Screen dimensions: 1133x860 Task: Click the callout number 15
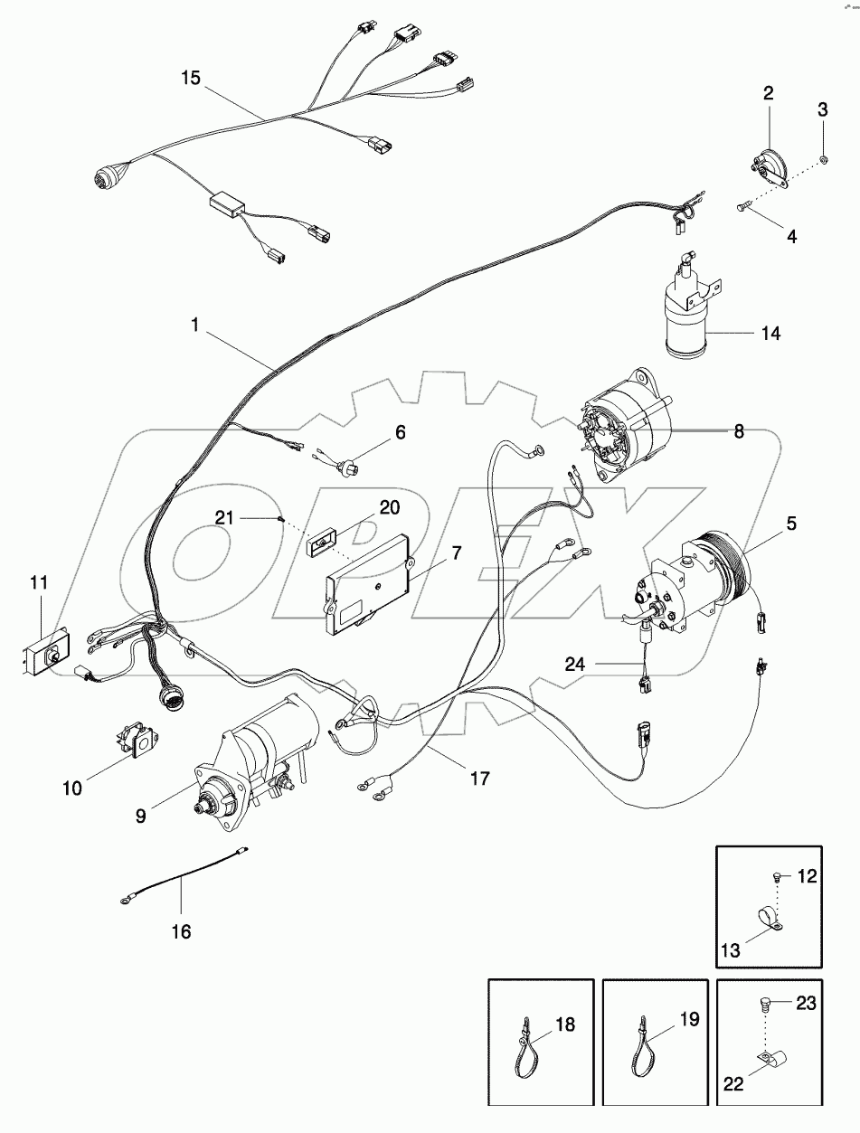pos(190,79)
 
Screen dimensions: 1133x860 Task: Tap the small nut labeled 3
pos(823,160)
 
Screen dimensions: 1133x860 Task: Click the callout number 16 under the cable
pos(181,930)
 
